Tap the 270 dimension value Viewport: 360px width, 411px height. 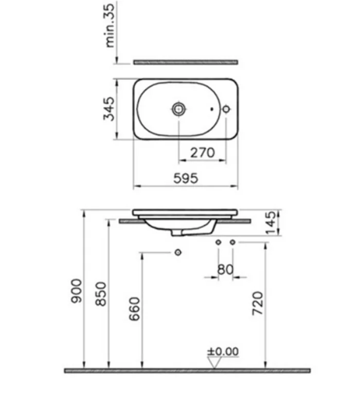(203, 152)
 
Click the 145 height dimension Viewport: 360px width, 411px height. (271, 222)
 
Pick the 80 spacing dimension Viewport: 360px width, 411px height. (225, 269)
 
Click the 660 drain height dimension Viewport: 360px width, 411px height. (133, 308)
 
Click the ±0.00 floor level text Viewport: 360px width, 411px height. (223, 351)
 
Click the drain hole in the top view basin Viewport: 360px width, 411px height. (178, 109)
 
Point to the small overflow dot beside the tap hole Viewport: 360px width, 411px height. (212, 109)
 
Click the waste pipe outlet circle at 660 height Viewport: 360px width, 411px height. (178, 253)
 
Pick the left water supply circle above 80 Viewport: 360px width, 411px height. (218, 241)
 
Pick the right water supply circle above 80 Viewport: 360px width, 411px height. (232, 241)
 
